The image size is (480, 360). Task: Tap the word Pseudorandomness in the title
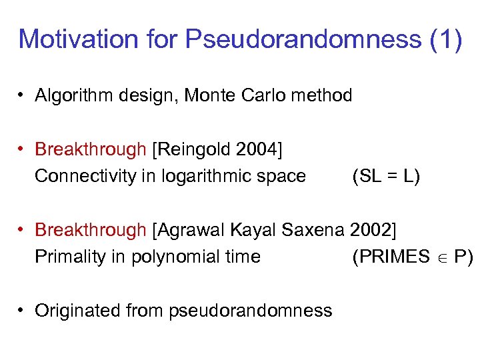click(x=303, y=39)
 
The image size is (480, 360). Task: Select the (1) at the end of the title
click(x=445, y=39)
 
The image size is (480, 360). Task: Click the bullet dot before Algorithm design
click(x=22, y=95)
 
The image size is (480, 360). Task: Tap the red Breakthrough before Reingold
click(x=91, y=149)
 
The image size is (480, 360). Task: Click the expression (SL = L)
click(x=386, y=176)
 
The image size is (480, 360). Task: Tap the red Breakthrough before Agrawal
click(x=91, y=230)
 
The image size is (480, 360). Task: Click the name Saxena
click(x=314, y=230)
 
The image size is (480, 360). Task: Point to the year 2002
click(x=371, y=230)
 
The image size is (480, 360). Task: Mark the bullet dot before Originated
click(x=22, y=311)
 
